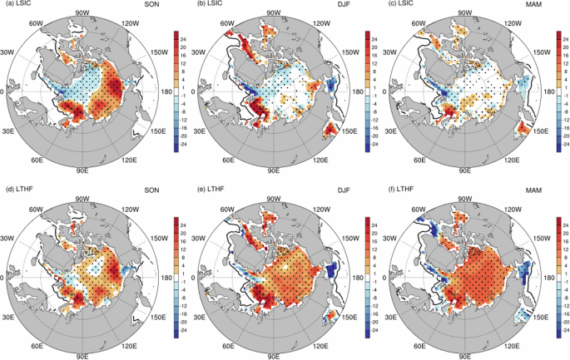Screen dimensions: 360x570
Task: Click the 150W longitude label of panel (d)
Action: (154, 235)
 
